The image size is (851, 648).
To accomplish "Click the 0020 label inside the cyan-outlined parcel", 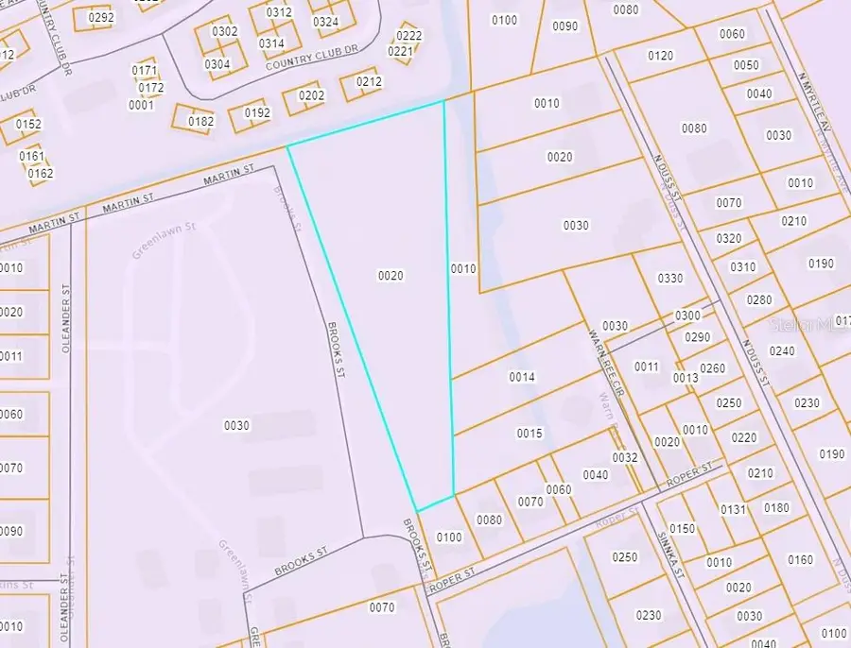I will coord(391,276).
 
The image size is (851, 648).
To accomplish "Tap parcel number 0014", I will coord(522,377).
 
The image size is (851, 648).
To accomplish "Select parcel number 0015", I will coord(530,434).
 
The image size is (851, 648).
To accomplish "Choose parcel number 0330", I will coord(669,278).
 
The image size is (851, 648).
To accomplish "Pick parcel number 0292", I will coord(100,17).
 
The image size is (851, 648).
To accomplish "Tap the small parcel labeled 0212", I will coord(369,82).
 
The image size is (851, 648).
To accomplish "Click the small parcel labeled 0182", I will coord(201,121).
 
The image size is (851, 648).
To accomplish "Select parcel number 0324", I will coord(325,22).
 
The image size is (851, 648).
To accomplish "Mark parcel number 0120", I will coord(661,56).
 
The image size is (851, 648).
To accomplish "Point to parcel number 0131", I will coord(734,509).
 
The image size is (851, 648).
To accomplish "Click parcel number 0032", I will coord(625,457).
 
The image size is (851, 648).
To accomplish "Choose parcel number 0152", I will coord(28,125).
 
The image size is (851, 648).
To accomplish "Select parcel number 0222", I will coord(409,36).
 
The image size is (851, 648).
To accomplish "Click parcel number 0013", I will coord(686,378).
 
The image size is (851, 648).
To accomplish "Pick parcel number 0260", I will coord(712,368).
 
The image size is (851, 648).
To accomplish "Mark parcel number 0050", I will coord(746,65).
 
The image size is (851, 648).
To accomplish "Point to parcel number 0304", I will coord(217,64).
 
